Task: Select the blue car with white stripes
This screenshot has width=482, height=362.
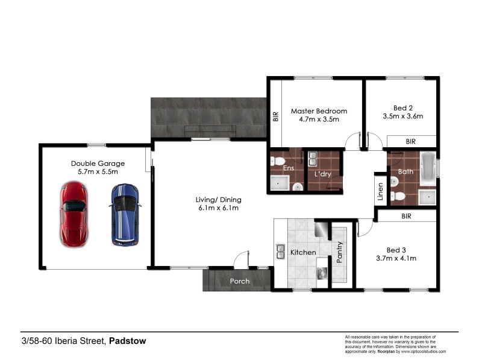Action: (125, 214)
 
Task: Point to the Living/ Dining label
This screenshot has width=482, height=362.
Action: (218, 204)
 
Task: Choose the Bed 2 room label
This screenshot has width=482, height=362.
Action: (403, 112)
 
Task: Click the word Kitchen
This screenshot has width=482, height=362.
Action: (303, 252)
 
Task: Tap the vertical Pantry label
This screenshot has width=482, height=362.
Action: (340, 252)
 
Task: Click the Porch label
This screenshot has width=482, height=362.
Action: (239, 281)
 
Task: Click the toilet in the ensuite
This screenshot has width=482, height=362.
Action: (277, 160)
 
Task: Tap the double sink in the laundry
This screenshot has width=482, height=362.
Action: (313, 159)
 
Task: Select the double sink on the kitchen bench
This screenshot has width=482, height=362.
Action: (281, 250)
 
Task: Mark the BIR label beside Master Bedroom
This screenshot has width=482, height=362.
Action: (276, 115)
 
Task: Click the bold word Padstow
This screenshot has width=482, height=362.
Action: (128, 341)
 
